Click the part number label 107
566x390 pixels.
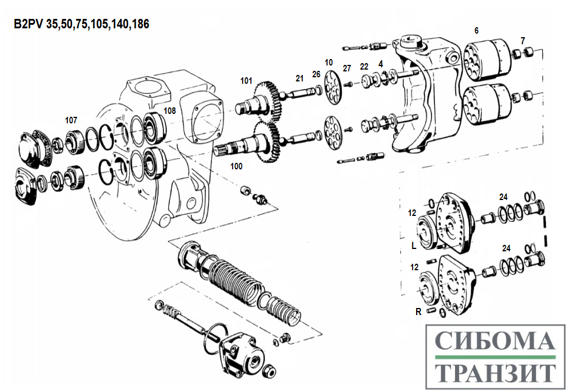(x=71, y=120)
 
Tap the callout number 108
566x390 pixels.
(x=169, y=110)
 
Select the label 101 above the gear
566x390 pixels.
(x=246, y=80)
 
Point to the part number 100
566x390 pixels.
(x=236, y=166)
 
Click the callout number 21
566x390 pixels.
(x=300, y=78)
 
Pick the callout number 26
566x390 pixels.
(x=316, y=74)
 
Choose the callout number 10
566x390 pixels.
(x=329, y=62)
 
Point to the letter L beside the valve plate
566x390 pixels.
(x=414, y=243)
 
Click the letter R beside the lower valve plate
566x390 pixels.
(x=418, y=311)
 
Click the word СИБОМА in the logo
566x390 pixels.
(x=495, y=342)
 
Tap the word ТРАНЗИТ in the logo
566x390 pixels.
(x=495, y=372)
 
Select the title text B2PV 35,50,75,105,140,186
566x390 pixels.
(x=81, y=24)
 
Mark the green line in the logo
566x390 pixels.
(x=495, y=358)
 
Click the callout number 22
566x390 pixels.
(x=364, y=66)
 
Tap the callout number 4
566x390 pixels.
(x=381, y=63)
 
